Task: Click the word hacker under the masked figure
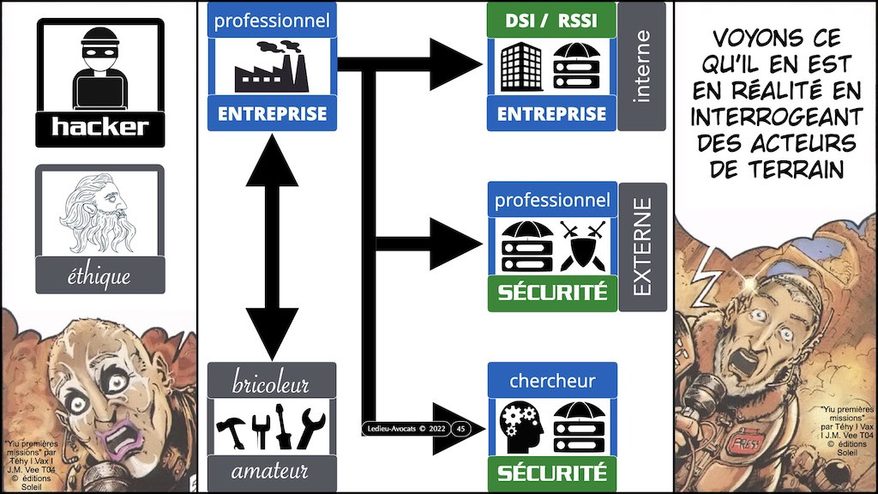tap(100, 129)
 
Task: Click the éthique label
tap(100, 276)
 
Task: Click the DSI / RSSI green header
tap(551, 20)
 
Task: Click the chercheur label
tap(551, 380)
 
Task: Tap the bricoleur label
tap(271, 383)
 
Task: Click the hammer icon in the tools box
tap(229, 426)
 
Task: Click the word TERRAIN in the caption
tap(775, 169)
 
